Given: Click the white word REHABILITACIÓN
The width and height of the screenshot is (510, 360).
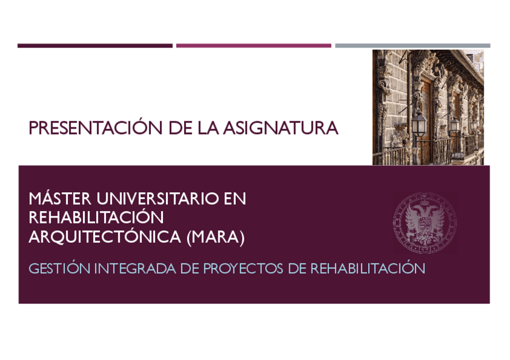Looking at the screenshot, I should click(96, 218).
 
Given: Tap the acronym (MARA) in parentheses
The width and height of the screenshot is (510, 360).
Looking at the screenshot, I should click(215, 237).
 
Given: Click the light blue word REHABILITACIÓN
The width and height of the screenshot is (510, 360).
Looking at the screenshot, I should click(367, 269).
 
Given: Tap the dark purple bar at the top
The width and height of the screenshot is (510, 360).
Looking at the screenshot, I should click(95, 46).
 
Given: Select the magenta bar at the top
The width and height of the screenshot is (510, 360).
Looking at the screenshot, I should click(253, 46).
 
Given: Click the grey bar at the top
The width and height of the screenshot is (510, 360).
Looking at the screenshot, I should click(413, 46).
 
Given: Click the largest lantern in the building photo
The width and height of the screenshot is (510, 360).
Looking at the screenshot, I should click(419, 123).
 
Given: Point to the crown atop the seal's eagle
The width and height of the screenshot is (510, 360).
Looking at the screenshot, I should click(425, 203).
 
